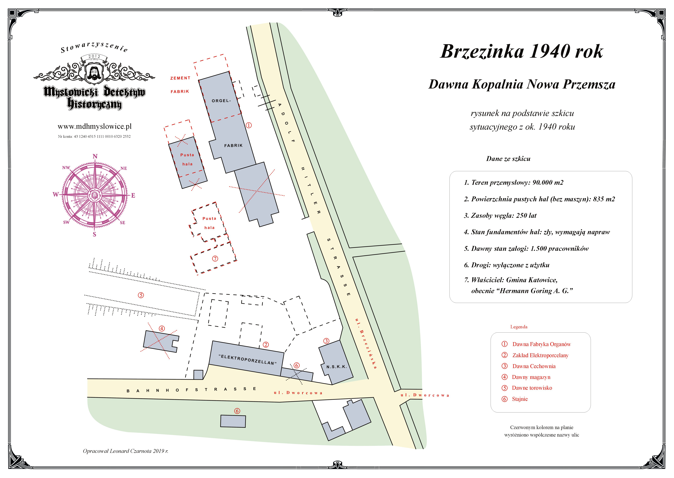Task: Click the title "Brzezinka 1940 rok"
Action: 521,52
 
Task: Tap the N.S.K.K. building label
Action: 336,367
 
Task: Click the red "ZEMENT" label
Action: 180,78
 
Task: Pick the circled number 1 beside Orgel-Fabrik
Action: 249,125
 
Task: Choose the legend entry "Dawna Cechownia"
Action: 534,366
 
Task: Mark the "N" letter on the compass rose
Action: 95,156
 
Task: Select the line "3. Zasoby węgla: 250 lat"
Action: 500,215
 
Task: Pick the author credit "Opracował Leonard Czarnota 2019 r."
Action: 125,451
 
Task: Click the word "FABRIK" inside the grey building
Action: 233,145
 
